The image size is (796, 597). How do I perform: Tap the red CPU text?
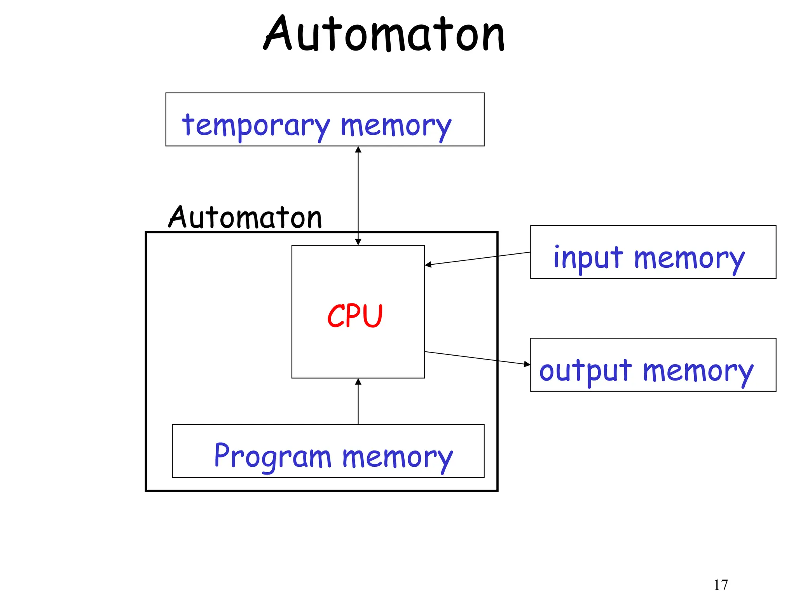tap(355, 316)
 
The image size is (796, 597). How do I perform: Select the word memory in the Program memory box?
tap(397, 457)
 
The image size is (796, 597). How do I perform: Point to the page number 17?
tap(721, 585)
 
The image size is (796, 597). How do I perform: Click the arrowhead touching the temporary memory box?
tap(358, 150)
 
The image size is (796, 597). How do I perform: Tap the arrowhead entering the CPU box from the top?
tap(358, 242)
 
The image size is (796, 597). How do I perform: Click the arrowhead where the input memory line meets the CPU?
tap(428, 265)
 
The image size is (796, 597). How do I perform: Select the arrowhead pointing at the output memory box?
tap(527, 364)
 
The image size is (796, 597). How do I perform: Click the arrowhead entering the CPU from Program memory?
tap(358, 382)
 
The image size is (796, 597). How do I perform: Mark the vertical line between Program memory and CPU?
tap(358, 404)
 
